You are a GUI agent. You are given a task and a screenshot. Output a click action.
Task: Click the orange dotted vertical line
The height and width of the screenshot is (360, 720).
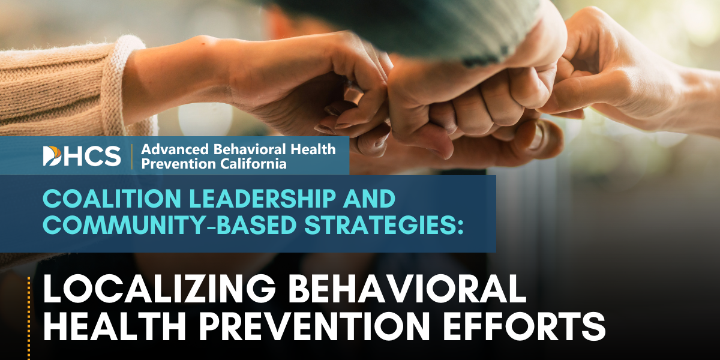(x=28, y=318)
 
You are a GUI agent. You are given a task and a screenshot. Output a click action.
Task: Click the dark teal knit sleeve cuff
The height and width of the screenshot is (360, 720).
(x=498, y=30)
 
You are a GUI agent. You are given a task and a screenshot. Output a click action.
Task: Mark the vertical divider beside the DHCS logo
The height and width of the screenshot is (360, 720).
(x=131, y=155)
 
